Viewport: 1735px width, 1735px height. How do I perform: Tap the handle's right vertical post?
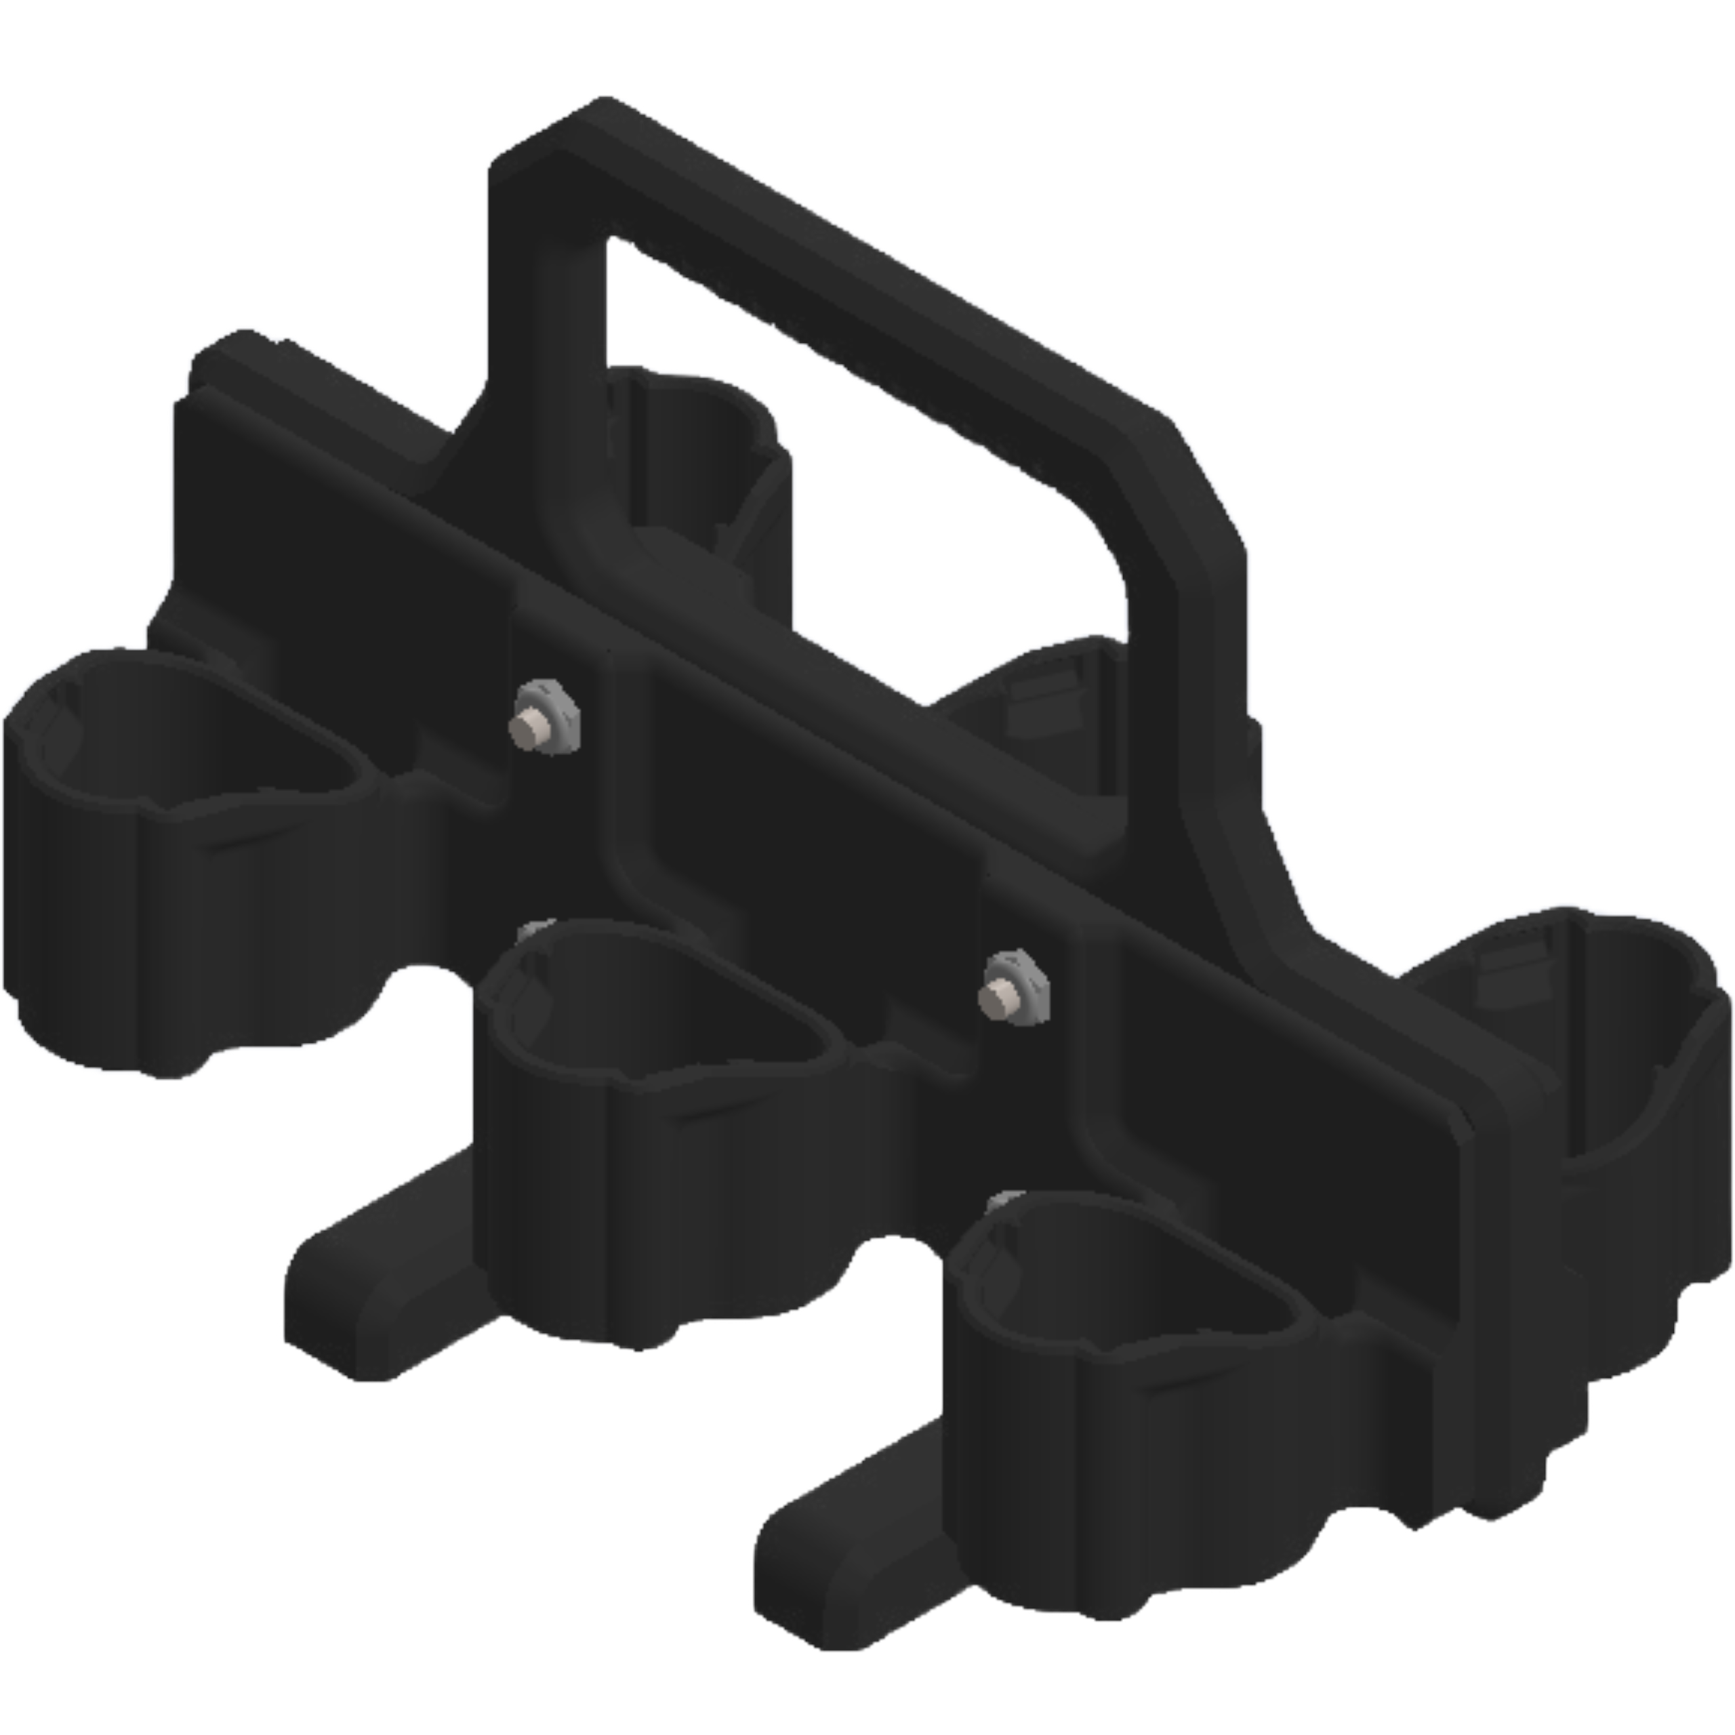point(1194,629)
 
